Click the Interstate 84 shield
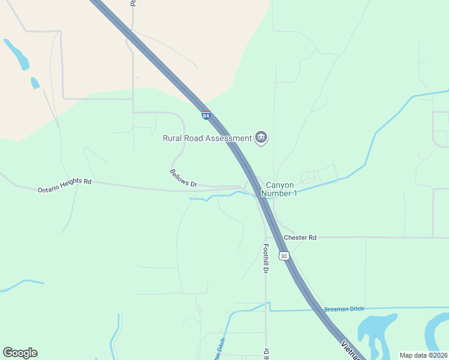206,115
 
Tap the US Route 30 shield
284,256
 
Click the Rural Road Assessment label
207,138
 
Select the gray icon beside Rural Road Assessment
261,138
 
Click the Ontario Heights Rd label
64,185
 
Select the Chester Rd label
300,238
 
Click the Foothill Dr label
265,258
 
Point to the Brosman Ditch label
344,309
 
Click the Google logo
20,353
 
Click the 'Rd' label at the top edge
133,3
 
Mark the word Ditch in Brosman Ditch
356,309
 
